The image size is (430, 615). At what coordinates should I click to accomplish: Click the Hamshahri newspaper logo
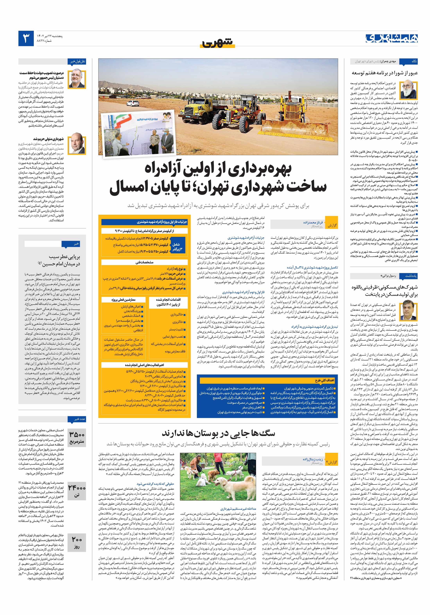[x=391, y=38]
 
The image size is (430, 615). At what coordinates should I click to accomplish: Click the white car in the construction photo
[x=132, y=103]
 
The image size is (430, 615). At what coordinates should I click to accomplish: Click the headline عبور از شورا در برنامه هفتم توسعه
[x=384, y=73]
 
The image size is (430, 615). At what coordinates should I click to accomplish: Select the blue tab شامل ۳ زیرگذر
[x=178, y=246]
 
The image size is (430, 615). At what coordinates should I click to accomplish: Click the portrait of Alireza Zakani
[x=77, y=79]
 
